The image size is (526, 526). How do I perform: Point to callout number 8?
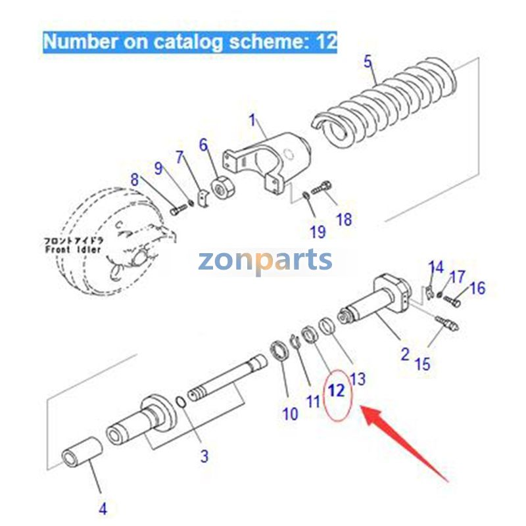tap(135, 179)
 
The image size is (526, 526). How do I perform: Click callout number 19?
tap(318, 231)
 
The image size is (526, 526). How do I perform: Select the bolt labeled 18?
tap(320, 189)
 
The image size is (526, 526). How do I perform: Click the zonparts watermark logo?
tap(265, 260)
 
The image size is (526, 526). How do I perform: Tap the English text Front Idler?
tap(73, 250)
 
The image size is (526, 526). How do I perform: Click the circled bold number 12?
tap(337, 391)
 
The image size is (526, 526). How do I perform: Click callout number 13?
tap(358, 379)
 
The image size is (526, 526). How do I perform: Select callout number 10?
tap(290, 414)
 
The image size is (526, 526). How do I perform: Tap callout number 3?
tap(204, 455)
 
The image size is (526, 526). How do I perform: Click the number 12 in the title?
tap(326, 42)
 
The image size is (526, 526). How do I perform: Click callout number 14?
tap(436, 268)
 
